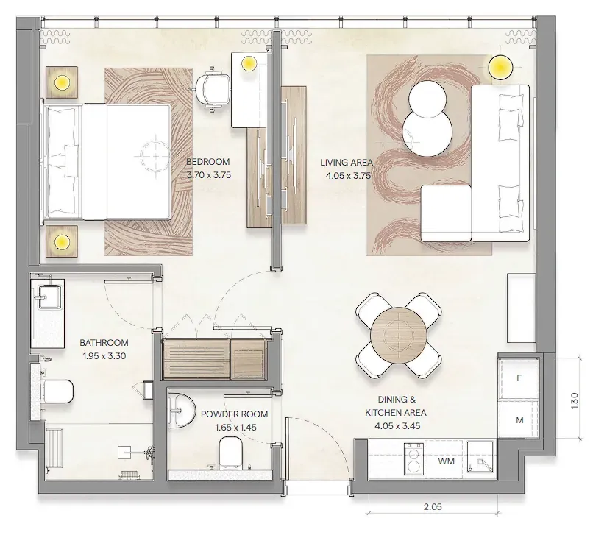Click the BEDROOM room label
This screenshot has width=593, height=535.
point(208,162)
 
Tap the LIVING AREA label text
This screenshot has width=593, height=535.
point(346,163)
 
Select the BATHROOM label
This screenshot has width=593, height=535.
point(104,343)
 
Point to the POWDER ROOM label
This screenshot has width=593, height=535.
point(234,414)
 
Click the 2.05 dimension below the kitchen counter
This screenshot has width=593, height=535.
point(433,507)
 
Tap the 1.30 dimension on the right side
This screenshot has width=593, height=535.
point(575,400)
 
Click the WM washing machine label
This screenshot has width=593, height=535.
point(447,461)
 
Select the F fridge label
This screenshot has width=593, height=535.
point(519,378)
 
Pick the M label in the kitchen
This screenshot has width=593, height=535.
point(519,420)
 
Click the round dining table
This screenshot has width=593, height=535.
point(399,336)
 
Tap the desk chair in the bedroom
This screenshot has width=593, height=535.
point(213,89)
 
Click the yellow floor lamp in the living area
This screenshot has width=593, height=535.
point(500,68)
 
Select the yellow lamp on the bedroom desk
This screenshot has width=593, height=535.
point(249,63)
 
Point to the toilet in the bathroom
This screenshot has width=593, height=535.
point(57,391)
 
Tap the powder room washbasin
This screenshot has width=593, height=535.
point(180,411)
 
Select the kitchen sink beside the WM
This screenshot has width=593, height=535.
point(480,457)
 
